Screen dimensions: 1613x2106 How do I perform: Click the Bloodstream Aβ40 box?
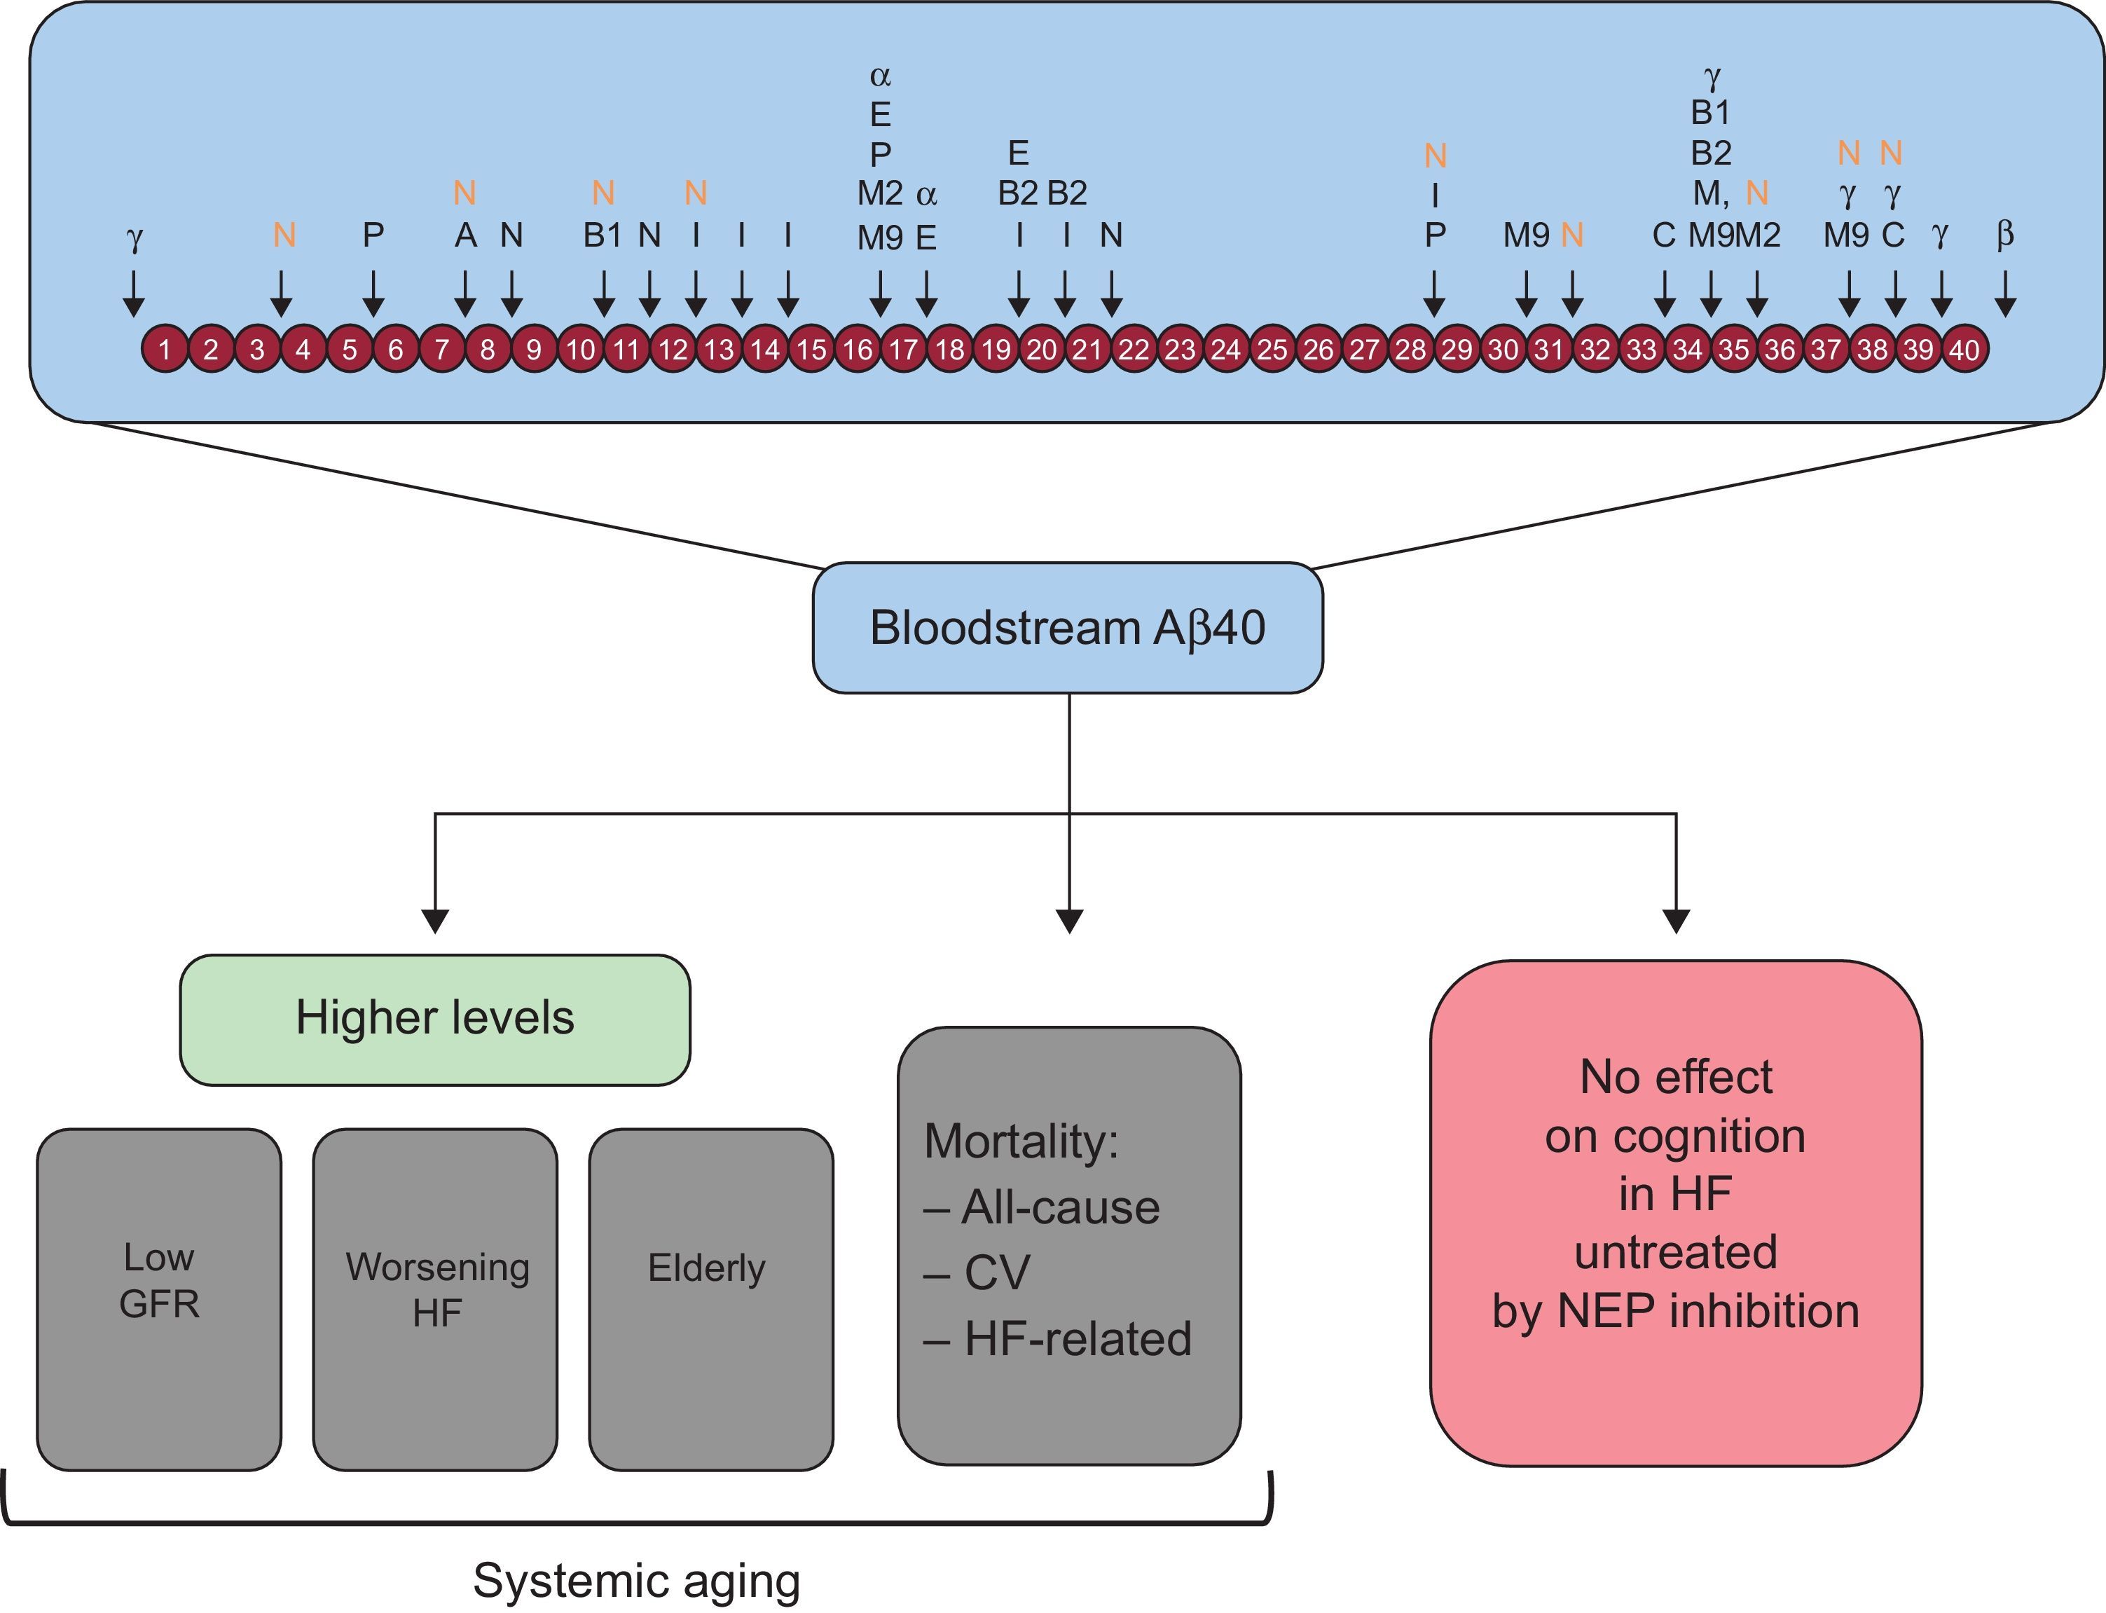[1068, 628]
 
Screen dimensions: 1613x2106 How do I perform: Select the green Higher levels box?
[435, 1019]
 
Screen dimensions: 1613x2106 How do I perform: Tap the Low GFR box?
[158, 1299]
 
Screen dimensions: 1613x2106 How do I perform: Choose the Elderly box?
[710, 1299]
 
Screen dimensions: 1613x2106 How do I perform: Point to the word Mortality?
[1020, 1141]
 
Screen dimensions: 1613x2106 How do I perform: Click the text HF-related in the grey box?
[1077, 1338]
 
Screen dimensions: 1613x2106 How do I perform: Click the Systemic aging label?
[636, 1579]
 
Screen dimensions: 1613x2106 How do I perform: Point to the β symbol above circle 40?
[2004, 234]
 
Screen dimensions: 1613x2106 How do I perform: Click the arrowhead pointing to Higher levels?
[435, 921]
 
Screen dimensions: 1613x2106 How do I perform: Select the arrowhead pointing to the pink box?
[1676, 921]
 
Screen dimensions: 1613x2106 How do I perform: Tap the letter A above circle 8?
[465, 235]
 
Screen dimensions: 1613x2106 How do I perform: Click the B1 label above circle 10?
[603, 235]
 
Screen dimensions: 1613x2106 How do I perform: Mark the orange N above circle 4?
[284, 235]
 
